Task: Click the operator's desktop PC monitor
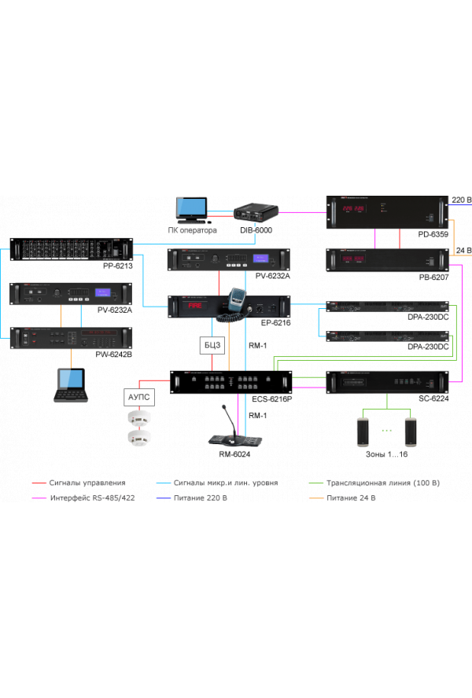point(191,208)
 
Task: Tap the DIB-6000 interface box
point(255,212)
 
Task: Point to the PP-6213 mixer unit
point(71,249)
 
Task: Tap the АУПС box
point(138,398)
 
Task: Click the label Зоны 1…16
point(386,454)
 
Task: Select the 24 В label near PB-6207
point(463,252)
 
